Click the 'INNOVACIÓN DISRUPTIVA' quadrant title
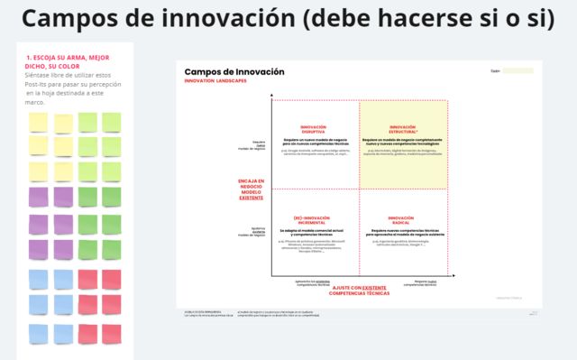tap(314, 129)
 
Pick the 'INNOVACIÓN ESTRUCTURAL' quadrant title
tap(403, 129)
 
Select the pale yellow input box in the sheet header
tap(517, 70)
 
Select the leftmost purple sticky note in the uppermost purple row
tap(39, 196)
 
